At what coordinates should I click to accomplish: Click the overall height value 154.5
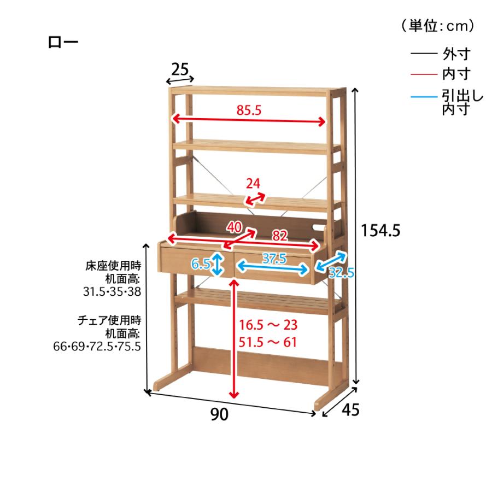[x=380, y=231]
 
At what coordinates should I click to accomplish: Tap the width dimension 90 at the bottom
[x=219, y=414]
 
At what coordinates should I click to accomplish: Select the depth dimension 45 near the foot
[x=350, y=409]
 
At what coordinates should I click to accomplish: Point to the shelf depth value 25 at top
[x=180, y=69]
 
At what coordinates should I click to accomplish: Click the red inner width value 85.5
[x=249, y=110]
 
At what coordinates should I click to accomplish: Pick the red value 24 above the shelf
[x=253, y=184]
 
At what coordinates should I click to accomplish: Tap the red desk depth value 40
[x=235, y=227]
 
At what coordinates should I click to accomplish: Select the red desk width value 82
[x=280, y=235]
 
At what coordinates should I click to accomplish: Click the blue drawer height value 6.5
[x=201, y=264]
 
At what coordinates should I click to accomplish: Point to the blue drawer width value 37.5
[x=274, y=259]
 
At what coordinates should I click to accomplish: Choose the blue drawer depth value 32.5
[x=341, y=273]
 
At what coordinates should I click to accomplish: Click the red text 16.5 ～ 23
[x=268, y=325]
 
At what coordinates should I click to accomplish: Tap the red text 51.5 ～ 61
[x=268, y=342]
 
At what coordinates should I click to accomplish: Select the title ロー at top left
[x=63, y=42]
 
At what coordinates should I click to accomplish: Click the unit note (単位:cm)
[x=438, y=26]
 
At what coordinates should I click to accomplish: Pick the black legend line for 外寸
[x=424, y=54]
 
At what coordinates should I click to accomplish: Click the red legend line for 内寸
[x=424, y=74]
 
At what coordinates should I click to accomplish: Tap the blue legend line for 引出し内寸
[x=424, y=97]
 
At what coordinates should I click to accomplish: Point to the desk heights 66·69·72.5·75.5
[x=97, y=347]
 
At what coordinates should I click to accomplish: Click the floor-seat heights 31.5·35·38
[x=112, y=292]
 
